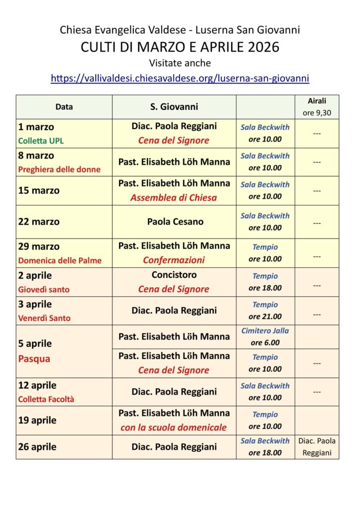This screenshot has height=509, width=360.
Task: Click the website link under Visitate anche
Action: (180, 78)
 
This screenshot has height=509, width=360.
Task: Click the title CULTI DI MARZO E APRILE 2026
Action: (180, 47)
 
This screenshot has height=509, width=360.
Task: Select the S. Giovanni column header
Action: (174, 106)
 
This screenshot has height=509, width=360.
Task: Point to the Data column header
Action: (64, 106)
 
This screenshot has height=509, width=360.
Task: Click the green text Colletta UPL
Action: (41, 141)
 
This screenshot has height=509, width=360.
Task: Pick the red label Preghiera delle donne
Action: (59, 170)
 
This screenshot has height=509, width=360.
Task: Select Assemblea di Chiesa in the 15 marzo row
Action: (174, 197)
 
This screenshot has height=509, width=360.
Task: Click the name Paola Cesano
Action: (175, 222)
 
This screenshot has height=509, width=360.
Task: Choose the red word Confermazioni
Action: (174, 260)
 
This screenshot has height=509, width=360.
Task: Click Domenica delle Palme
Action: (60, 260)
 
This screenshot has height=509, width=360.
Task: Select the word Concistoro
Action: (174, 275)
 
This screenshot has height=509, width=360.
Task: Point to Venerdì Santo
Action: (44, 318)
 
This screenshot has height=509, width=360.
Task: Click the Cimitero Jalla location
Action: (265, 331)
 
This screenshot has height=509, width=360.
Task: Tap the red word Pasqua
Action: (34, 358)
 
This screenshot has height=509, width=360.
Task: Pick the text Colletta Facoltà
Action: (46, 399)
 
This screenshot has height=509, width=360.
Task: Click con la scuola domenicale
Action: (174, 427)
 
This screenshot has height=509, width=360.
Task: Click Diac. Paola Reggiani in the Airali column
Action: (317, 447)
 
